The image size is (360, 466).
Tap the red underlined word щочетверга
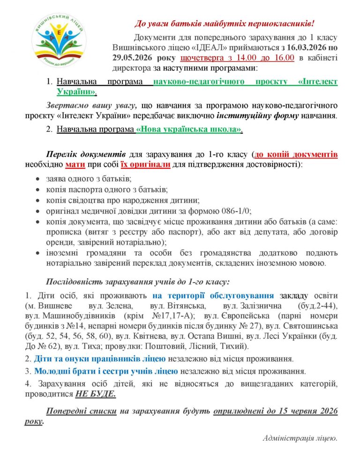(201, 58)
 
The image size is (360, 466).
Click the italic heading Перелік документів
(85, 154)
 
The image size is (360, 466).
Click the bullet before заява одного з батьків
(38, 180)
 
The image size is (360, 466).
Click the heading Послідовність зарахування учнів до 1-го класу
(137, 282)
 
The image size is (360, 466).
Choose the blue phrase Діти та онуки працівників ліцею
(99, 360)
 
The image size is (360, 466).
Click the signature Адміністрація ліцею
(300, 438)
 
